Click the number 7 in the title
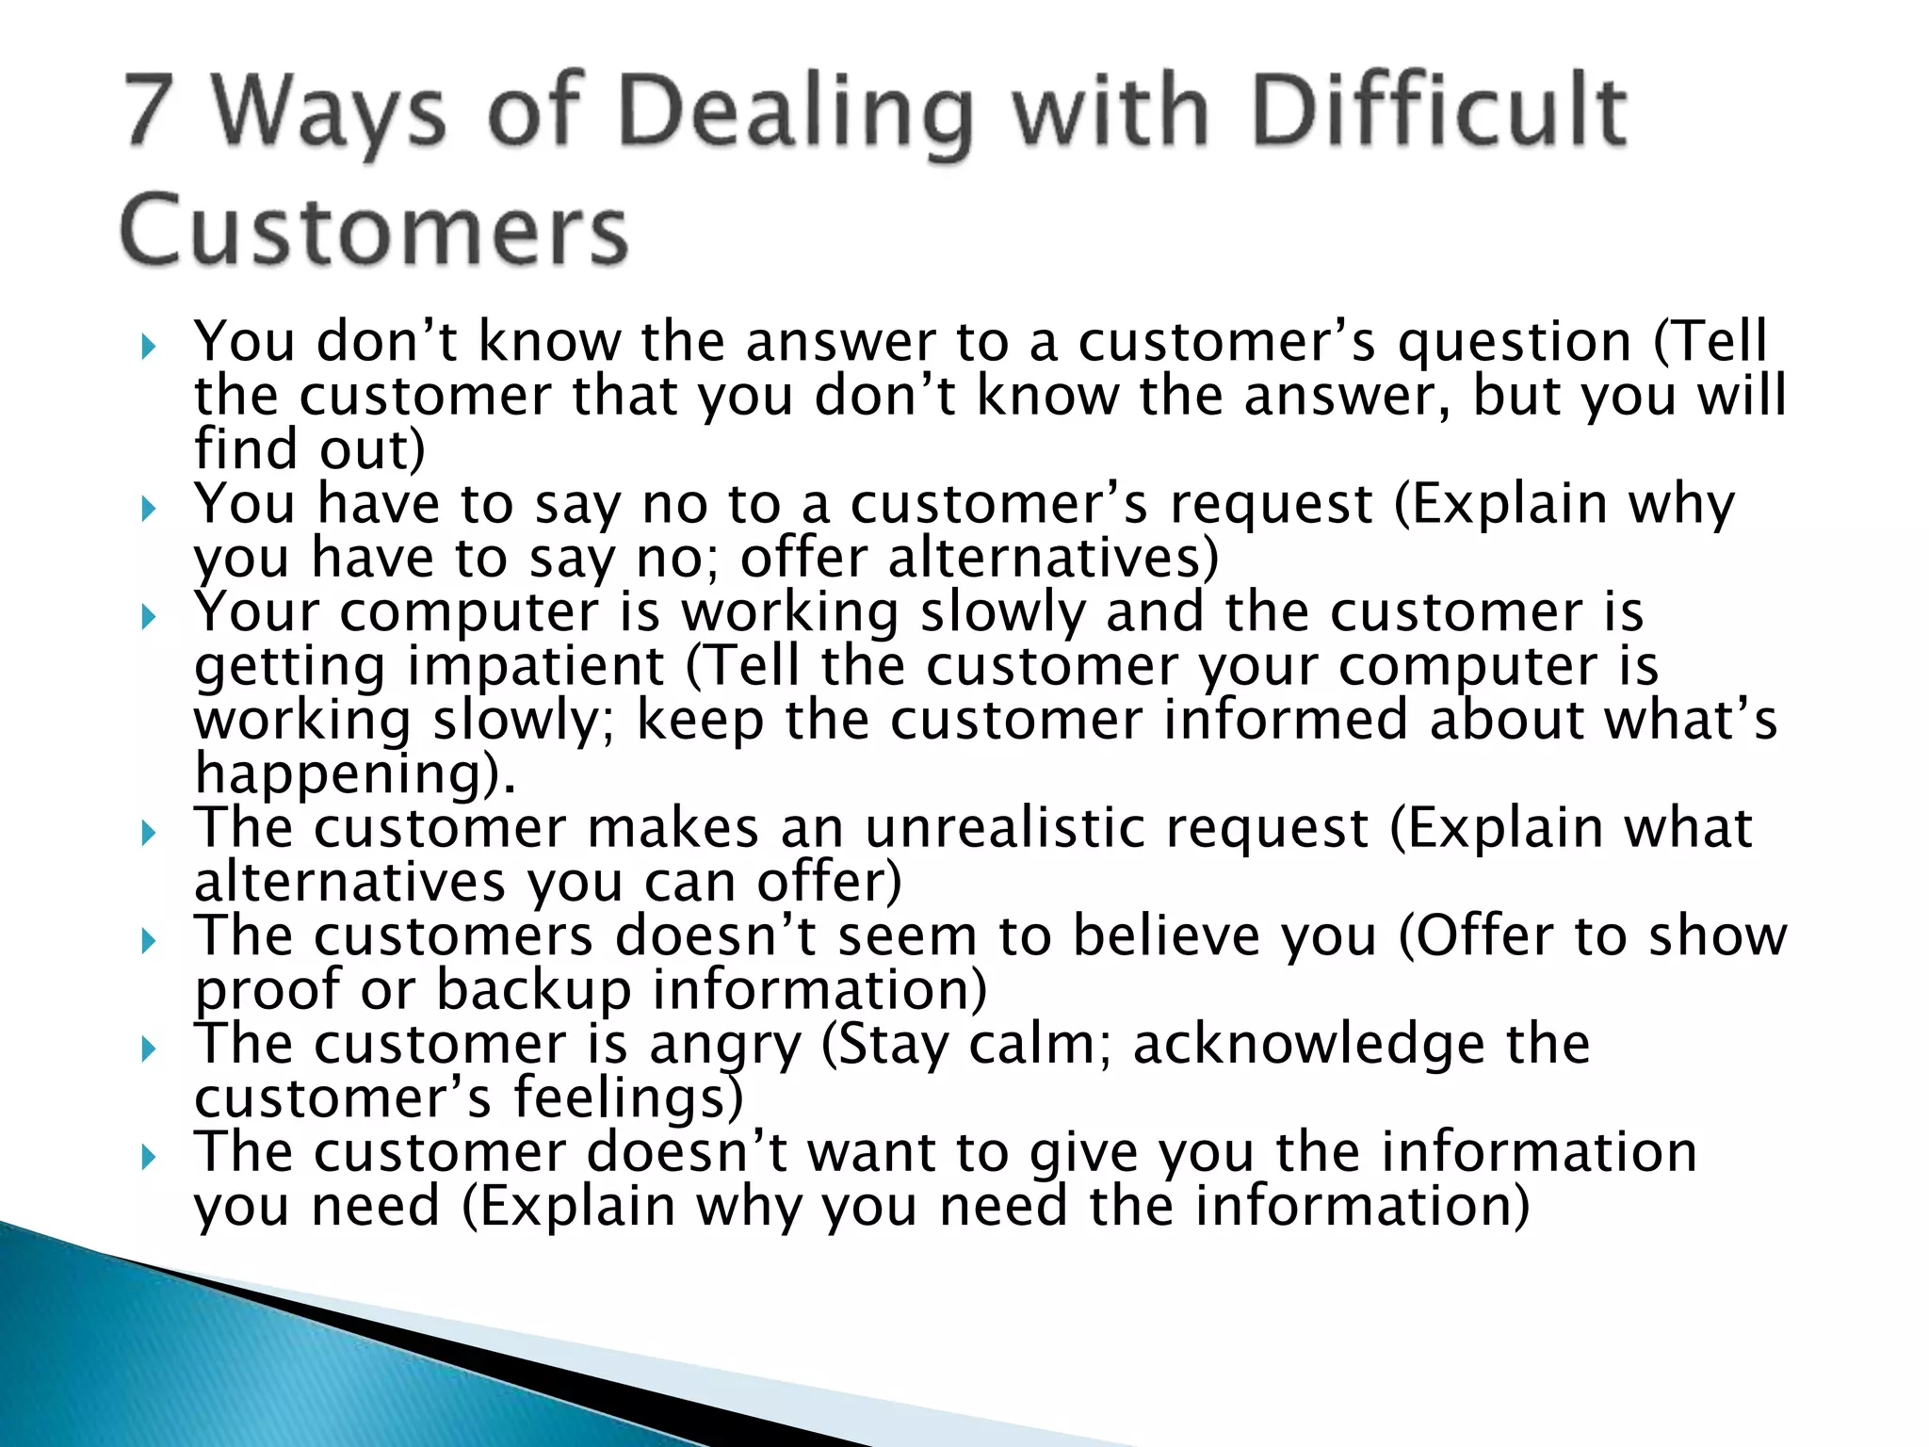pos(151,110)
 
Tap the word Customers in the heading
pos(374,231)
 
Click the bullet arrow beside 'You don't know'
pos(148,349)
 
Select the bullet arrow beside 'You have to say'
pos(148,511)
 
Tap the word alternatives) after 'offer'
pos(1053,558)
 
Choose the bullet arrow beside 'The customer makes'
pos(148,834)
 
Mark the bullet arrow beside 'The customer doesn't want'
pos(148,1157)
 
